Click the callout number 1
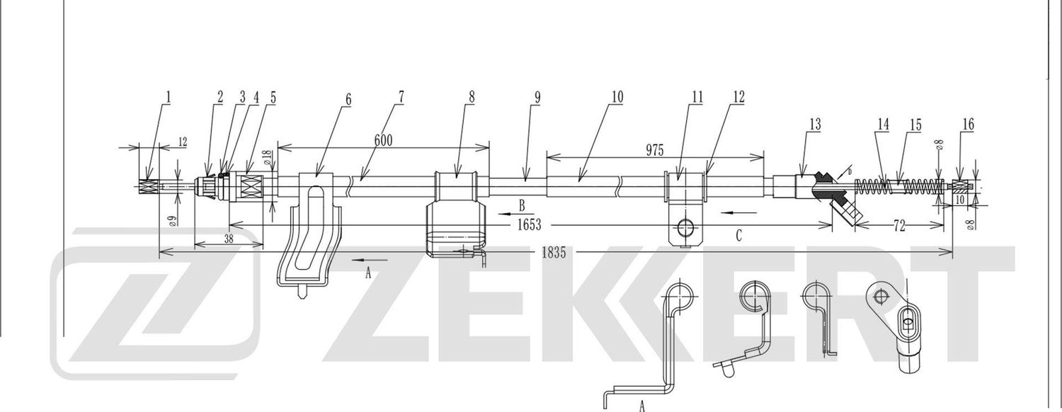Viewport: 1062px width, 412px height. [169, 97]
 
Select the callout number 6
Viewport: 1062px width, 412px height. [348, 98]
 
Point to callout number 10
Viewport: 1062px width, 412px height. [617, 97]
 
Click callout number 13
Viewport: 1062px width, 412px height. [815, 125]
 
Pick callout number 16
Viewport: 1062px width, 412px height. [968, 125]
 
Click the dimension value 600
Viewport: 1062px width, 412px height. [383, 140]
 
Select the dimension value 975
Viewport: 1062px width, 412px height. [654, 149]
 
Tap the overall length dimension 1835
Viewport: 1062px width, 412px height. [554, 252]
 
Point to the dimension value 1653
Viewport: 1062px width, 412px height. [529, 225]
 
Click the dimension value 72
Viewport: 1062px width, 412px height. [899, 227]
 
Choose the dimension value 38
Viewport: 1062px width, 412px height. [229, 239]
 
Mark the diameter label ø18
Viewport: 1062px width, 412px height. [268, 157]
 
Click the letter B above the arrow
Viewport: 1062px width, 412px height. [521, 206]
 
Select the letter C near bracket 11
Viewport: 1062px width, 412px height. [738, 236]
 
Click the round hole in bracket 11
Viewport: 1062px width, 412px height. [685, 227]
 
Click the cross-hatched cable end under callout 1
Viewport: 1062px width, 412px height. [147, 187]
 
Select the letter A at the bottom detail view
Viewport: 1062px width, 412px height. [641, 406]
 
